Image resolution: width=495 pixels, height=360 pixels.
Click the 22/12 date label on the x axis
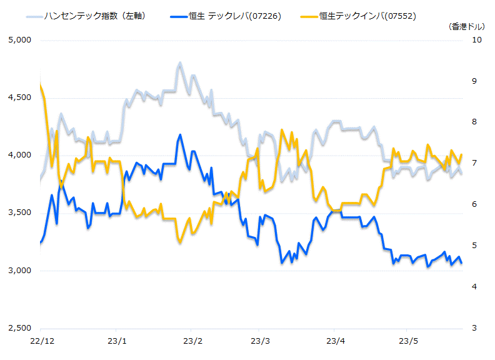(40, 341)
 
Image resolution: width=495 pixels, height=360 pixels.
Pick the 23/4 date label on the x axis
(336, 341)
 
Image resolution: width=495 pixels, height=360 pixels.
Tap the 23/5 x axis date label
(407, 341)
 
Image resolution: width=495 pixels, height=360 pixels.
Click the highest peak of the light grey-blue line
(180, 63)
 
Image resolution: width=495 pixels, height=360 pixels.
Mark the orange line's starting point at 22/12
(40, 84)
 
